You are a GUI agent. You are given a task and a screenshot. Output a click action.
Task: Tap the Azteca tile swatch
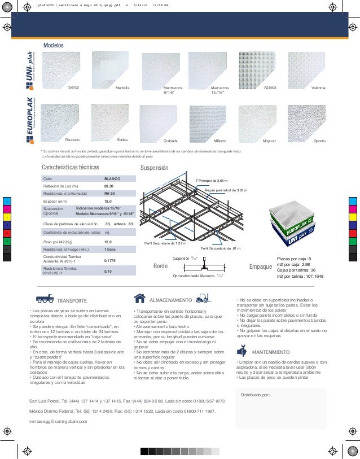(x=259, y=71)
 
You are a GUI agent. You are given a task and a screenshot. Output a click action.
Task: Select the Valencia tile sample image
(x=309, y=71)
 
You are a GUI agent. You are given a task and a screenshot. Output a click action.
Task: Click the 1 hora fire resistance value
(x=111, y=249)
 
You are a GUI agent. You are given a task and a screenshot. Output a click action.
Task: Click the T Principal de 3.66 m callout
(x=212, y=180)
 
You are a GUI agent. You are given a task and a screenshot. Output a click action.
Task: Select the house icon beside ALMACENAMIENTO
(x=140, y=298)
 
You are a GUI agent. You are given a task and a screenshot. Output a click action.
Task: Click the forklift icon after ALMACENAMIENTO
(x=207, y=298)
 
